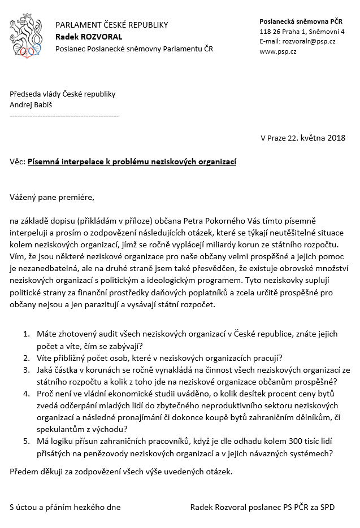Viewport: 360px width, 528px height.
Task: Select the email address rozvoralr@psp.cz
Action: point(306,41)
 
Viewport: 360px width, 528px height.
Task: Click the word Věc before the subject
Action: point(17,162)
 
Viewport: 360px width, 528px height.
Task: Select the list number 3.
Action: point(26,370)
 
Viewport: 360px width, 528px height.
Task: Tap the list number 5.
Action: point(26,442)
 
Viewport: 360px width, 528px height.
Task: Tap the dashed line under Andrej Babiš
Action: point(64,115)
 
